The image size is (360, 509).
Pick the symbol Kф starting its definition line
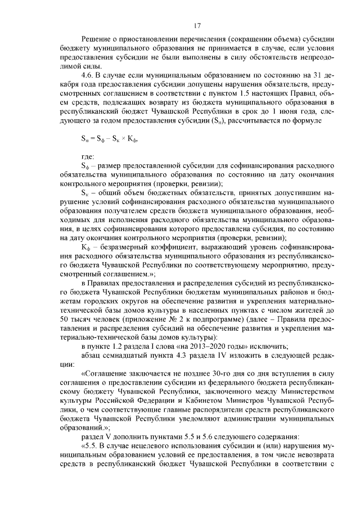(x=86, y=246)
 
